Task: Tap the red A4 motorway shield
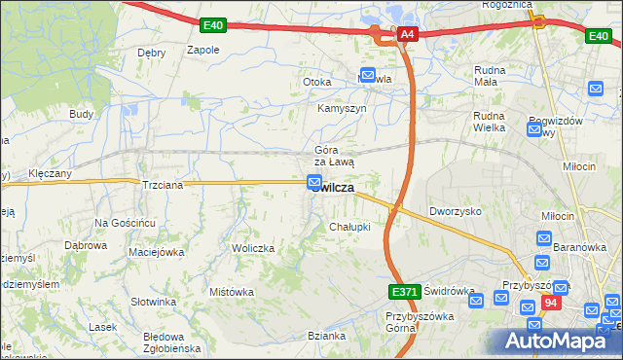(407, 35)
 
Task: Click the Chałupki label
(349, 227)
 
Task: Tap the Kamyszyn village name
(342, 108)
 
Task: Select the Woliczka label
(253, 248)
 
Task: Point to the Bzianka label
(327, 336)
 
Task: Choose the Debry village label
(151, 53)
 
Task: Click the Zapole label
(202, 50)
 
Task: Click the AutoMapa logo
(559, 341)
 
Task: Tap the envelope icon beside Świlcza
(314, 181)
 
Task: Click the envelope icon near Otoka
(368, 74)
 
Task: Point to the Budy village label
(81, 114)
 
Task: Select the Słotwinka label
(154, 302)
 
